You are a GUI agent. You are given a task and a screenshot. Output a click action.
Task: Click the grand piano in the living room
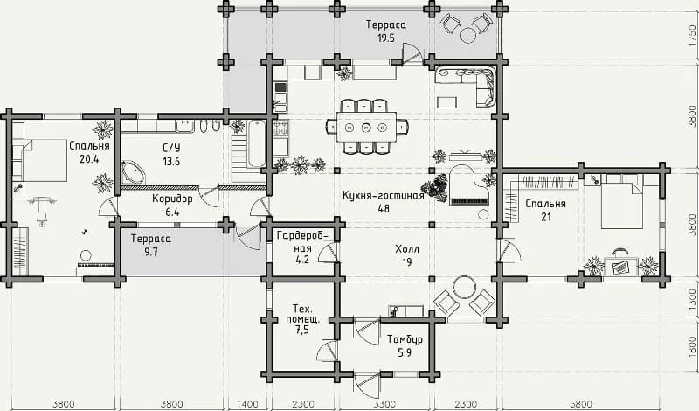[468, 185]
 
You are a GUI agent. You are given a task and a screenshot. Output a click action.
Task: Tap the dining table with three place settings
[366, 127]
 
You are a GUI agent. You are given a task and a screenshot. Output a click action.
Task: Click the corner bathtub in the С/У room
[133, 172]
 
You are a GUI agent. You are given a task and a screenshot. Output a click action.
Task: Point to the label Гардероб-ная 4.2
[302, 247]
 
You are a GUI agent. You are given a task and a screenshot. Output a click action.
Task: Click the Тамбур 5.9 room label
[405, 345]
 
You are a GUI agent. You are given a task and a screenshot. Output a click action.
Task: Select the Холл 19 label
[407, 255]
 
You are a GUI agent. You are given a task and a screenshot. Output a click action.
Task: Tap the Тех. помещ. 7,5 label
[302, 319]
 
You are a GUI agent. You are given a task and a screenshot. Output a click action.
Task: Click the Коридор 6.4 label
[172, 205]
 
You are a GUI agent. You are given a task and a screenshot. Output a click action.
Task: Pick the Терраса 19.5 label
[386, 31]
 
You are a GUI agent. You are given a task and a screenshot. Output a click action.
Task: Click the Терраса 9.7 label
[151, 245]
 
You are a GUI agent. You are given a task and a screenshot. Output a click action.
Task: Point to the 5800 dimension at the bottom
[581, 404]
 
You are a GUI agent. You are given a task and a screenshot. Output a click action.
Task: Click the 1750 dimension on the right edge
[692, 35]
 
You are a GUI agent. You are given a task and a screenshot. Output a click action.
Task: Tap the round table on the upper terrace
[468, 35]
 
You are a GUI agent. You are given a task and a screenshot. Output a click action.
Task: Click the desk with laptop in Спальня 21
[621, 267]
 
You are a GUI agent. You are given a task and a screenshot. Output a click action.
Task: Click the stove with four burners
[280, 128]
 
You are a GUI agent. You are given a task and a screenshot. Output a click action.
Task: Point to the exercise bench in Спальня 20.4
[43, 207]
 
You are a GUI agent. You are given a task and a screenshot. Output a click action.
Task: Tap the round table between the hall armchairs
[465, 287]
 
